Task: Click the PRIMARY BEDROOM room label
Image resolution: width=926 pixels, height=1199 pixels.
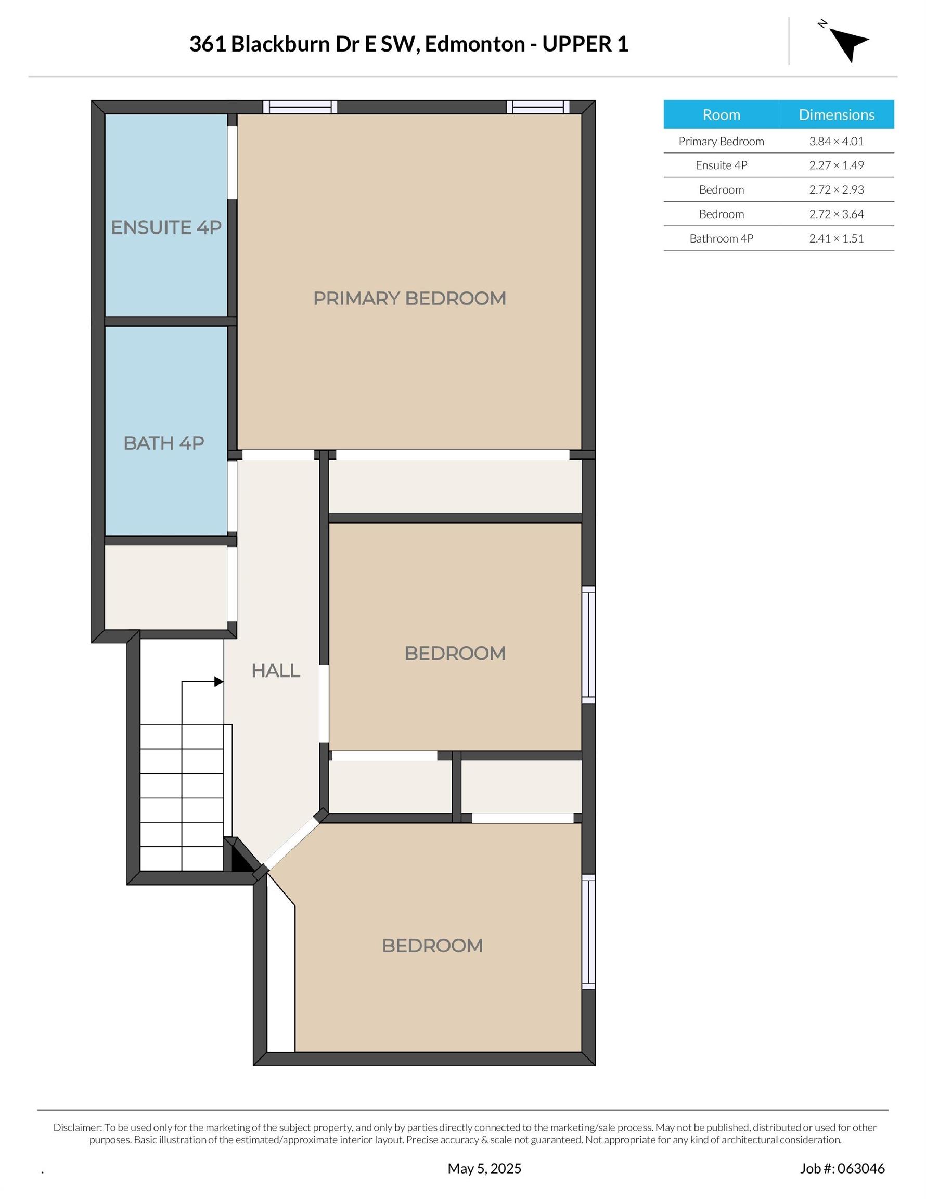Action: [x=409, y=298]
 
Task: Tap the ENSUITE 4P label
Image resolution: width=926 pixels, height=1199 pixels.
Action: [x=166, y=227]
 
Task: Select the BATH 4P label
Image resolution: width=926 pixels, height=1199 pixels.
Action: [x=163, y=443]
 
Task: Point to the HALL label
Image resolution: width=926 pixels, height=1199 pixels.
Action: [x=276, y=670]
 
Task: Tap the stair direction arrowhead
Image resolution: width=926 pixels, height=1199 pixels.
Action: [x=218, y=682]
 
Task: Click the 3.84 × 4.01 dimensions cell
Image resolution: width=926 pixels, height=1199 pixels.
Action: [x=837, y=141]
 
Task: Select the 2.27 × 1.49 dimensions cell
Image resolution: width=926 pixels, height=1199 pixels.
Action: [x=837, y=165]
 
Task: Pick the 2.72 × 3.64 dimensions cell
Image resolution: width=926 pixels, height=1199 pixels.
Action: [x=837, y=214]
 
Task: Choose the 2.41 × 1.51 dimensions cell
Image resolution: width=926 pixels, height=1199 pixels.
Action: [x=837, y=238]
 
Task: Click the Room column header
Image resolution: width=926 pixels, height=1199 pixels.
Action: [x=721, y=114]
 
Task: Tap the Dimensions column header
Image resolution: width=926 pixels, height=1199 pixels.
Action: [x=837, y=114]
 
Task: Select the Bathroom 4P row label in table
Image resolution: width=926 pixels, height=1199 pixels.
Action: [x=721, y=238]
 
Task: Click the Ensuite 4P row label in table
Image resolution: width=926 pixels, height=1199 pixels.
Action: [x=721, y=165]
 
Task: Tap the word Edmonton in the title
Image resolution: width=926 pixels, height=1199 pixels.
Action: [x=474, y=44]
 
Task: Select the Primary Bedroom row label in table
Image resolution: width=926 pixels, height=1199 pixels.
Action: [x=721, y=141]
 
